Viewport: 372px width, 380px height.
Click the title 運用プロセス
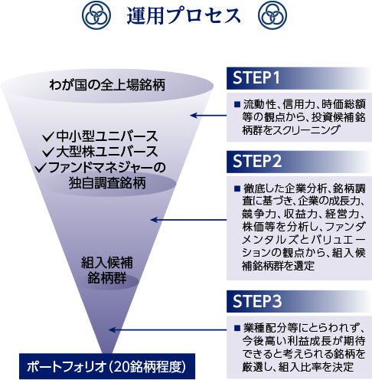click(184, 16)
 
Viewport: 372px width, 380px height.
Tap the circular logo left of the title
click(96, 15)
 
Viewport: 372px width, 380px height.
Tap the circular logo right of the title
click(272, 15)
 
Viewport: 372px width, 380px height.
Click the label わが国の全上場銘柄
click(107, 85)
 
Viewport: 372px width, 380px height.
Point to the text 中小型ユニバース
click(107, 136)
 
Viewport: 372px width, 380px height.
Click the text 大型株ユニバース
click(107, 152)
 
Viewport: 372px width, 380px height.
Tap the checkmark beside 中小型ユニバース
click(48, 136)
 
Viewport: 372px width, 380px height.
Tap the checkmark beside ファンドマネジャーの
click(41, 168)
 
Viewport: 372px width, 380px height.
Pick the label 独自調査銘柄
click(107, 183)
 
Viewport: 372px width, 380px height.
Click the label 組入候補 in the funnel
click(107, 263)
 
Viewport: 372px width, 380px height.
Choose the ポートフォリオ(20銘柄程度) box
click(107, 366)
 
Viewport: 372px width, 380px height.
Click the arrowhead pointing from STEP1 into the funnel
click(193, 116)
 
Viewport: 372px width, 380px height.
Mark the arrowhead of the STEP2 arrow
click(154, 220)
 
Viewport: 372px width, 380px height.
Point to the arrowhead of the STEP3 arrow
click(112, 330)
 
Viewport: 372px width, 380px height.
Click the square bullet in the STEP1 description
click(237, 104)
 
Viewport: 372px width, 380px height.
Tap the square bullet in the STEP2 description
click(237, 188)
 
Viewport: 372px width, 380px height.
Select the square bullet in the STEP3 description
click(237, 328)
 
